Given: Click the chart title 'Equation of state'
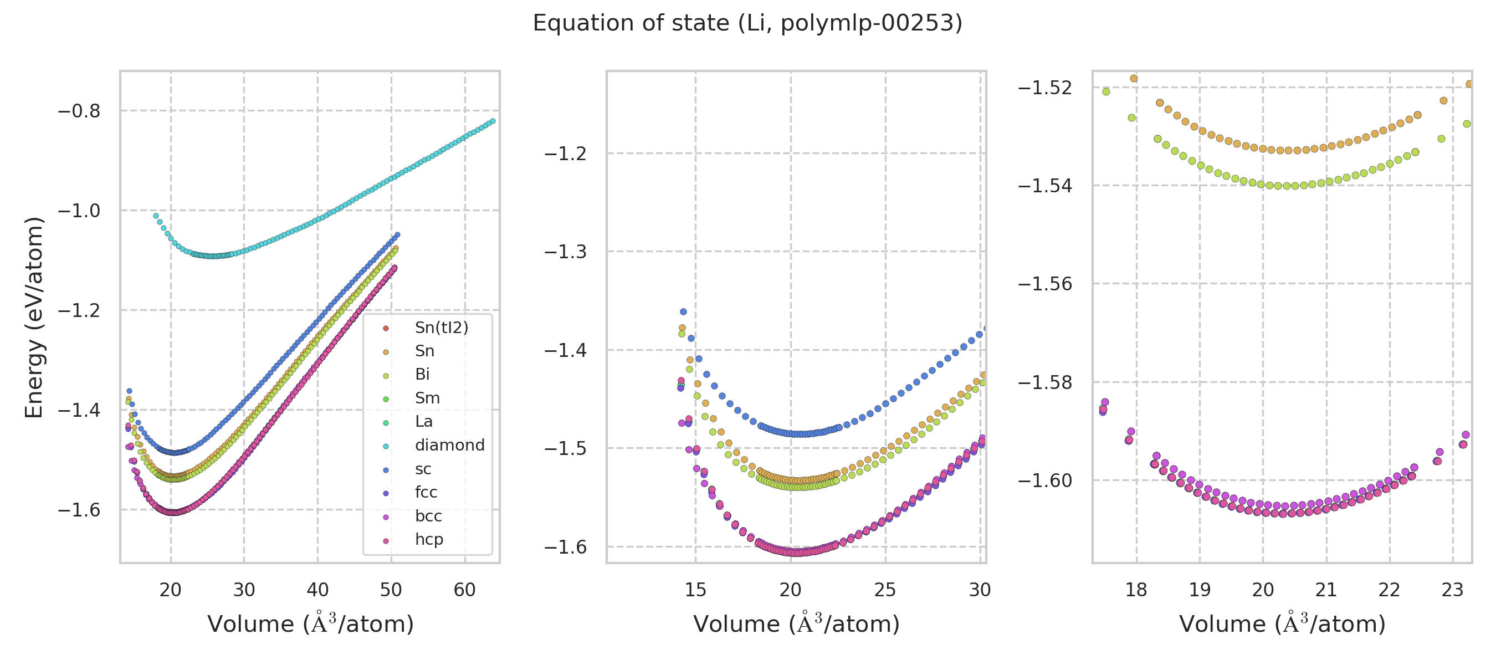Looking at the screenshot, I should click(747, 23).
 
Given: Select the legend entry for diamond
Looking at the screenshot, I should click(449, 446).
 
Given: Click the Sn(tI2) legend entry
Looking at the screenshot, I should click(441, 328).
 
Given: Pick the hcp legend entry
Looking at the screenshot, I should click(429, 540).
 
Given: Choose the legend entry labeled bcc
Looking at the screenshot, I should click(428, 516).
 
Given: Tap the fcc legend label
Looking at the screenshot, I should click(426, 493).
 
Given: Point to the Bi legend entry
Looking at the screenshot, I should click(422, 375).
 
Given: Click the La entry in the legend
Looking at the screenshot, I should click(423, 422).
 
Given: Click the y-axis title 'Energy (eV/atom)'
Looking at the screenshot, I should click(34, 317).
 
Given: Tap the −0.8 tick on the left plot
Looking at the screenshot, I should click(79, 111).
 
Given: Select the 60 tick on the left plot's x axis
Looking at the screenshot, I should click(465, 590).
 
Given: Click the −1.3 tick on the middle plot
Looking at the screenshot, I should click(565, 252).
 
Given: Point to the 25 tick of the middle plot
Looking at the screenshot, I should click(885, 590).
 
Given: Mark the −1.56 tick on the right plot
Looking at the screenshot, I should click(1045, 284).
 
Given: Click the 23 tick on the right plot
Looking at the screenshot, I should click(1452, 590).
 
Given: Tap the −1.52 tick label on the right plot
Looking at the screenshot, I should click(1045, 88).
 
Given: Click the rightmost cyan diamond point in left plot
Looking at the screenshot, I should click(493, 121).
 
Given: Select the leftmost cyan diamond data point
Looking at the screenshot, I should click(156, 216).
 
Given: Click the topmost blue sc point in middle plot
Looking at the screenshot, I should click(684, 312).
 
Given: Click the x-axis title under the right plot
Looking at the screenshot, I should click(1282, 624).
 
